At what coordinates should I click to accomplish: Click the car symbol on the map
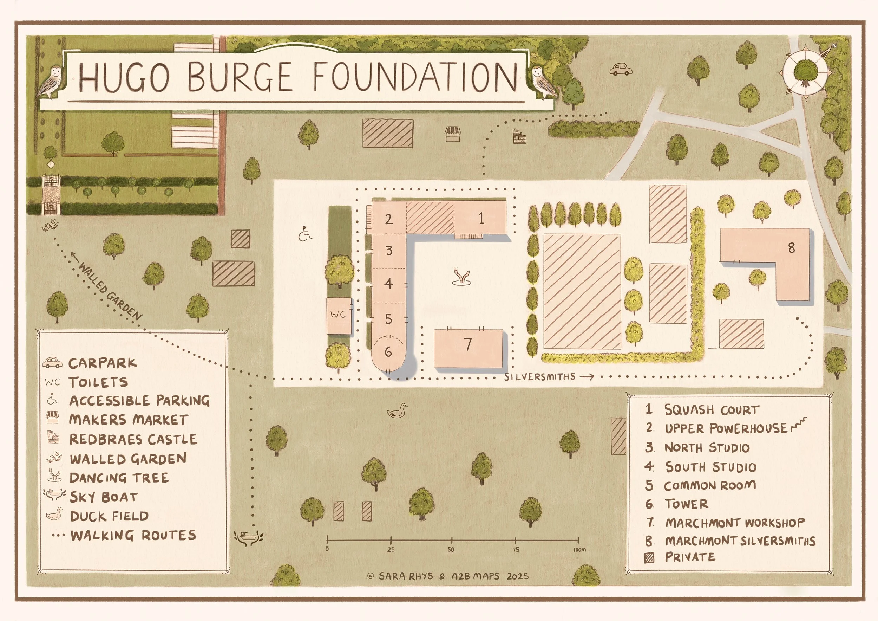tap(620, 69)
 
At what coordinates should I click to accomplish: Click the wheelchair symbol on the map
tap(305, 234)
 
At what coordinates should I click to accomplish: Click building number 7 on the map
tap(468, 344)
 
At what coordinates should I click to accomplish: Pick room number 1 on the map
tap(481, 219)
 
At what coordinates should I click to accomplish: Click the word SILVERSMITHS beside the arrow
tap(539, 377)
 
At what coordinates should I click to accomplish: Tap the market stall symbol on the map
tap(454, 134)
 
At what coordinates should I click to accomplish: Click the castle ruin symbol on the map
tap(520, 136)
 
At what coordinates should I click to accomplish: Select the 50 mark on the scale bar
tap(451, 550)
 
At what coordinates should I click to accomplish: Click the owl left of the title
tap(52, 83)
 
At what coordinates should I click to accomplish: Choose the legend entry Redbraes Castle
tap(133, 439)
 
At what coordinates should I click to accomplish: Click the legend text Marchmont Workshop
tap(735, 523)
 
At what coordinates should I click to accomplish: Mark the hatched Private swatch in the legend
tap(649, 558)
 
